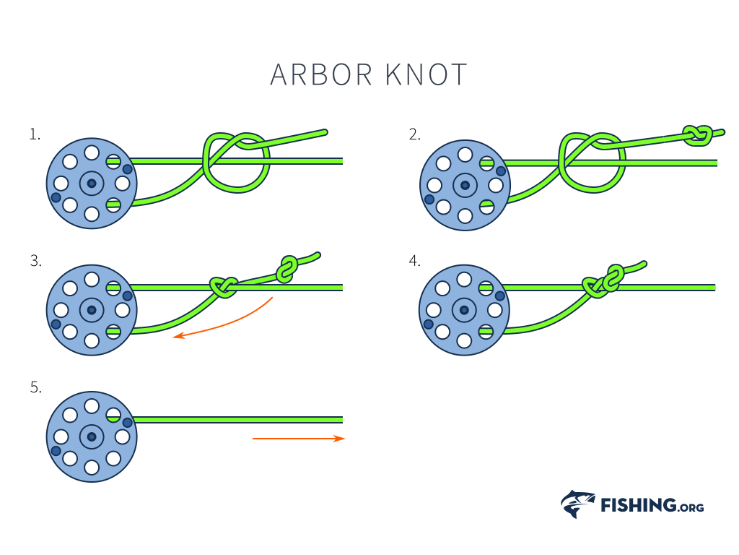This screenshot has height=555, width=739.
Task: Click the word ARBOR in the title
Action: coord(321,74)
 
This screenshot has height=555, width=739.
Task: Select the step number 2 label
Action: coord(414,134)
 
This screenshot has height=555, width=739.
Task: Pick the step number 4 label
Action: coord(414,261)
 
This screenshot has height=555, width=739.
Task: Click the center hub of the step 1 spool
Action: coord(92,184)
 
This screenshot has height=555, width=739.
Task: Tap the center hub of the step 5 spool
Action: coord(92,436)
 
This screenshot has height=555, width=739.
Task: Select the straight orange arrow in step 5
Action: coord(298,438)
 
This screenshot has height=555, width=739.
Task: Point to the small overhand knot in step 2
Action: coord(698,134)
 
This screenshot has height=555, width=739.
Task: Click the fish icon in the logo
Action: coord(577,504)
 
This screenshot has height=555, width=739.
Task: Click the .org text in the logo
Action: coord(691,507)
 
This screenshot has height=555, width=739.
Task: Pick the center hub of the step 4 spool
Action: coord(465,311)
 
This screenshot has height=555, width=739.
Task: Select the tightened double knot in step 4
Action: coord(605,282)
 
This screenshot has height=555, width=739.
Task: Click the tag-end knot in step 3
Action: coord(287,269)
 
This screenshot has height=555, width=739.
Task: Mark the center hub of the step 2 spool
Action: coord(465,186)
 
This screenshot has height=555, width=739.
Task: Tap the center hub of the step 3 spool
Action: coord(92,311)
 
